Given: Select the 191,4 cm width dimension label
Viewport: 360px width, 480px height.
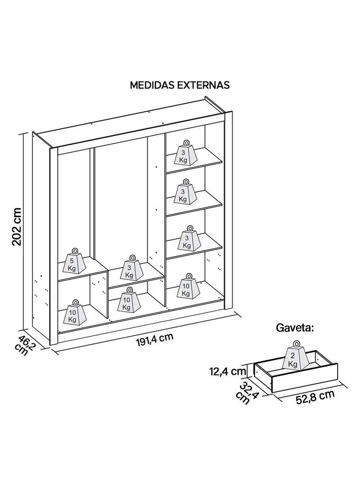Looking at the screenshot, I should (x=154, y=339).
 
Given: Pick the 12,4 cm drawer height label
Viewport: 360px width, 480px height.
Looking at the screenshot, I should (x=227, y=372).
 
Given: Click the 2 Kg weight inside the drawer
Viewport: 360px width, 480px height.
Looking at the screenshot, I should (x=293, y=359).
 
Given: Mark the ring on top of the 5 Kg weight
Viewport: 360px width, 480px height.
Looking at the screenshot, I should (x=74, y=250).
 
